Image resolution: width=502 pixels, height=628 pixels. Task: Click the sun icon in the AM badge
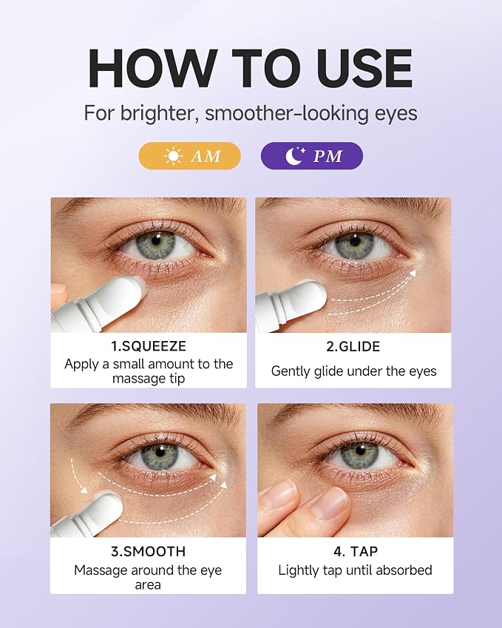pyautogui.click(x=173, y=156)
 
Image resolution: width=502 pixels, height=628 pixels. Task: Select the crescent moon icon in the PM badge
pyautogui.click(x=295, y=156)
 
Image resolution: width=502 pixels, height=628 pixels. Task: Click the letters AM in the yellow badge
pyautogui.click(x=206, y=156)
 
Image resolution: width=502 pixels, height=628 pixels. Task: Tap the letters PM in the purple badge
pyautogui.click(x=328, y=156)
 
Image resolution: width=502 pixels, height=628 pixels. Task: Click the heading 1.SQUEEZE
pyautogui.click(x=149, y=346)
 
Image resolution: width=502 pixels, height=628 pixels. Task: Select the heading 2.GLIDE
pyautogui.click(x=353, y=346)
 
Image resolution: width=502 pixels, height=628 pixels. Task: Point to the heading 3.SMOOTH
pyautogui.click(x=148, y=552)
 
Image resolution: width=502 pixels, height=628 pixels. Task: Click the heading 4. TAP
pyautogui.click(x=356, y=552)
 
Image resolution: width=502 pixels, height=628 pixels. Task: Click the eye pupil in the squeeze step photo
pyautogui.click(x=156, y=241)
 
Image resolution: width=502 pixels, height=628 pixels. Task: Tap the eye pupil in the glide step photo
pyautogui.click(x=354, y=241)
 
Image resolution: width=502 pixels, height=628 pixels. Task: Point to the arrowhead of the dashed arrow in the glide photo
pyautogui.click(x=413, y=273)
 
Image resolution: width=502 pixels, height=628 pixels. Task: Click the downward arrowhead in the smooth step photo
pyautogui.click(x=83, y=490)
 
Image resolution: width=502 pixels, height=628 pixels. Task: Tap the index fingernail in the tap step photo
pyautogui.click(x=330, y=503)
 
